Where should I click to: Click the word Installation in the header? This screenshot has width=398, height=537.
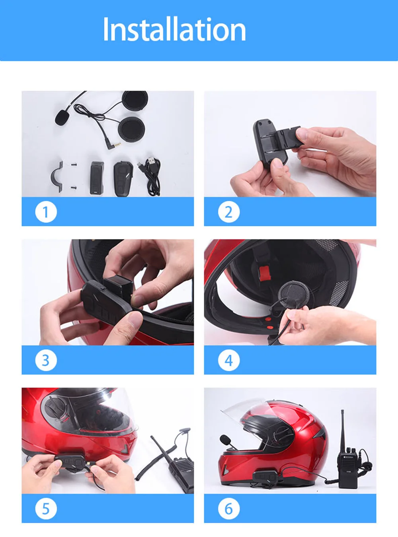(174, 29)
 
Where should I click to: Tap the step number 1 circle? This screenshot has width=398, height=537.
(46, 212)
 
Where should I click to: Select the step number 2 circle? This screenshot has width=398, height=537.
(229, 212)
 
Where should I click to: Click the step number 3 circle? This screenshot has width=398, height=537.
(46, 360)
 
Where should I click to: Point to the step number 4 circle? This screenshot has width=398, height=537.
(229, 360)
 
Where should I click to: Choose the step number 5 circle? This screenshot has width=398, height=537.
(46, 509)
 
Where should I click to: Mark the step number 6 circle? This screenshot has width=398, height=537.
(229, 509)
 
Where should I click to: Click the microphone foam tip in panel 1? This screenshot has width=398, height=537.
(62, 117)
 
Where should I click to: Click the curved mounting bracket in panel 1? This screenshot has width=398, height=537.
(57, 177)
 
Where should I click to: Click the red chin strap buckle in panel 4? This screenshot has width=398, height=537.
(264, 273)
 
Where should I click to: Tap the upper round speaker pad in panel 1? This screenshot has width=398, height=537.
(135, 101)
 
